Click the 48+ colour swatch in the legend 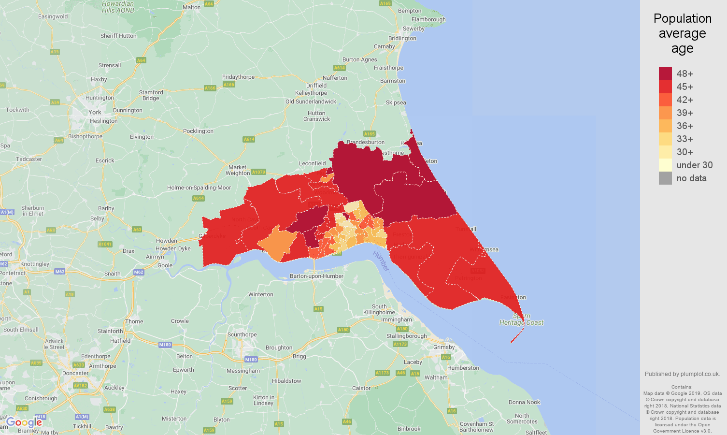click(665, 73)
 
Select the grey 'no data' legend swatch click(665, 178)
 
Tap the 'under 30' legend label click(694, 165)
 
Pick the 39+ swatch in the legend click(665, 113)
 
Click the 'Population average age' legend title click(682, 33)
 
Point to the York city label click(95, 112)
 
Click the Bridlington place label click(402, 38)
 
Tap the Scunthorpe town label click(242, 334)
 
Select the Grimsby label click(444, 347)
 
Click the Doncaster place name click(75, 373)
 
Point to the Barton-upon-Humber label click(316, 276)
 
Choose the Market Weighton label click(237, 170)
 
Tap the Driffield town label click(316, 86)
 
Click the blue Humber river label click(381, 261)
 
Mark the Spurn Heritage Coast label click(521, 319)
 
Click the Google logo click(24, 422)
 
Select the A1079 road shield click(258, 172)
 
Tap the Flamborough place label click(428, 19)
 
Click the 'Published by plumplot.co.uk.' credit click(682, 374)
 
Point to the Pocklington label click(198, 131)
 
